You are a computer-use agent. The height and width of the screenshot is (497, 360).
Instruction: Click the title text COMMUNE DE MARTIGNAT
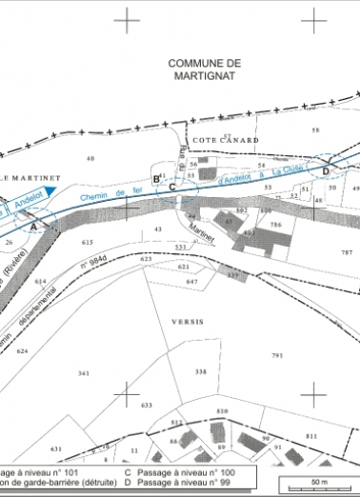click(205, 69)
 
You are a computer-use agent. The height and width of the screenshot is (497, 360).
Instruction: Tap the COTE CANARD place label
click(226, 139)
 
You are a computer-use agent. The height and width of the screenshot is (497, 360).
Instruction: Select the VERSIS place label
click(188, 323)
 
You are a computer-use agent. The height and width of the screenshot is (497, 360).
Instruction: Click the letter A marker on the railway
click(34, 227)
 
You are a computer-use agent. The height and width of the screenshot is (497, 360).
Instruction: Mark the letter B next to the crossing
click(156, 178)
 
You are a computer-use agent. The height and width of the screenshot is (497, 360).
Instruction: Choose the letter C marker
click(172, 188)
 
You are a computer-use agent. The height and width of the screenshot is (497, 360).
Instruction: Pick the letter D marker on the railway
click(326, 170)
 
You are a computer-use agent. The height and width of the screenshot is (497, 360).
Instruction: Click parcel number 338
click(200, 371)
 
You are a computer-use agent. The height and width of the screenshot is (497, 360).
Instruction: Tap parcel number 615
click(88, 243)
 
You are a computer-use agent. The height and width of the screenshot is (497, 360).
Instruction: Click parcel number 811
click(310, 434)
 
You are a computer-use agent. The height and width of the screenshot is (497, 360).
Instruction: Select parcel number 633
click(146, 406)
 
